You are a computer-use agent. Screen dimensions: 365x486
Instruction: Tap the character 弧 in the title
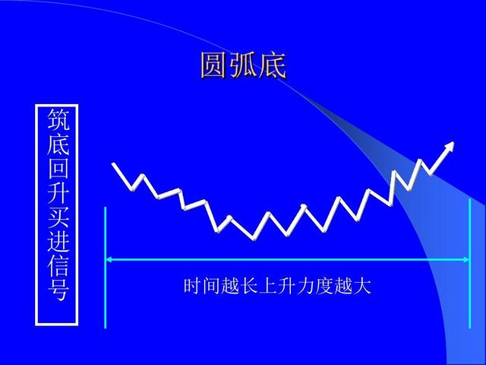(x=243, y=66)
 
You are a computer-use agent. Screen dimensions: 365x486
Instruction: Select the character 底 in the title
(x=272, y=66)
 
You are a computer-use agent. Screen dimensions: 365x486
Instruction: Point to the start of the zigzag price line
(x=114, y=164)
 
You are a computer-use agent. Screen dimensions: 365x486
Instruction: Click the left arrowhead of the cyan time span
(x=110, y=259)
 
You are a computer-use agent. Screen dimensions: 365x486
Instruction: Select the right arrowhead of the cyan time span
(x=465, y=259)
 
